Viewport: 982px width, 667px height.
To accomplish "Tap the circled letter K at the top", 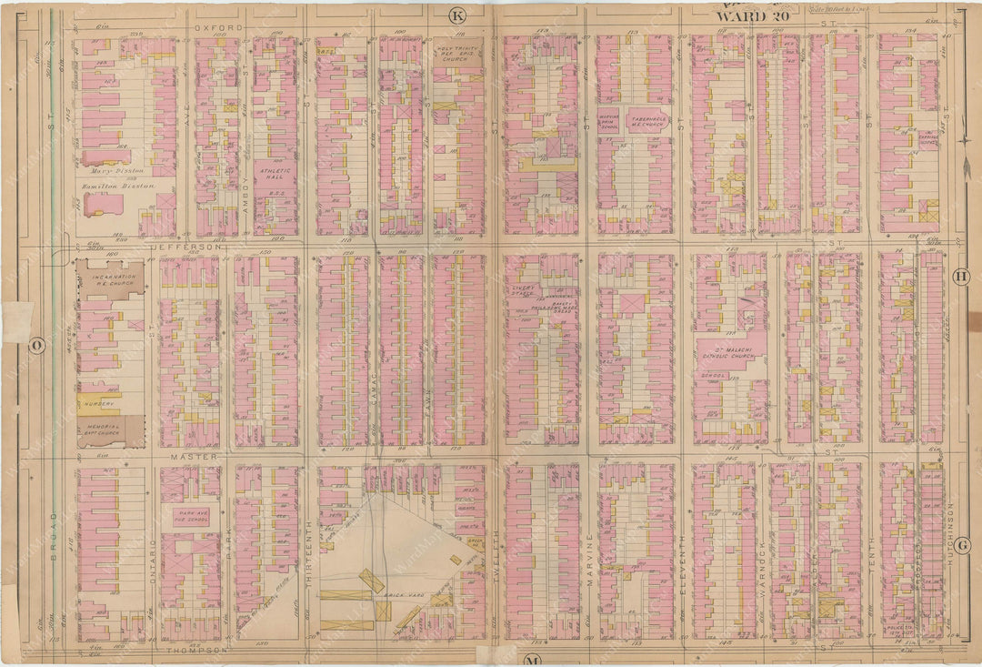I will tap(457, 15).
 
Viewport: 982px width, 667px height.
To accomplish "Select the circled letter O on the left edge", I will tap(37, 346).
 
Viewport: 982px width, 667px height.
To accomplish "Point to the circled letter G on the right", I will tap(963, 545).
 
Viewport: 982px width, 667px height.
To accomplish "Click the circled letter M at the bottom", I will tap(532, 658).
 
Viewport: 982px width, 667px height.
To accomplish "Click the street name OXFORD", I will tap(219, 28).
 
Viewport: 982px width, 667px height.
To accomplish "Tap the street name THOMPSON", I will tap(191, 651).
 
